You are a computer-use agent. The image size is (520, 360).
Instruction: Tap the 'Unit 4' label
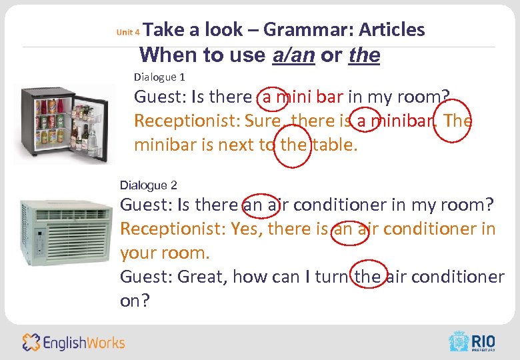tap(127, 31)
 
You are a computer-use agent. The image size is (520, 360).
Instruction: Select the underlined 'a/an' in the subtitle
tap(293, 55)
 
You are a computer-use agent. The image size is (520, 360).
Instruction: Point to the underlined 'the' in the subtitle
tap(364, 55)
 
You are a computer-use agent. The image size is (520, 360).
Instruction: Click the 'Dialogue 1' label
tap(159, 77)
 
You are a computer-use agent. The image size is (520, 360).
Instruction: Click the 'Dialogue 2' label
tap(148, 184)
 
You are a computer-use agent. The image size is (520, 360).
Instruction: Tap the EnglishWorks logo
tap(73, 343)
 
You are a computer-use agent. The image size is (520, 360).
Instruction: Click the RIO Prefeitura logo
tap(473, 341)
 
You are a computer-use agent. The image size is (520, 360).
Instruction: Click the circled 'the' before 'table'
tap(292, 145)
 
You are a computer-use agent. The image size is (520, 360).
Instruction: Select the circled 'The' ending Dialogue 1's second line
tap(457, 121)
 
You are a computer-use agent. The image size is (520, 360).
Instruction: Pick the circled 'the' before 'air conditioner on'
tap(367, 276)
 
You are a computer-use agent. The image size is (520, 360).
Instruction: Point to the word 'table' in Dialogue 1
tap(335, 145)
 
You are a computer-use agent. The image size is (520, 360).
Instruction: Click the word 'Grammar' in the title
tap(307, 29)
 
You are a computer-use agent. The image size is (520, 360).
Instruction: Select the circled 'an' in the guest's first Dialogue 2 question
tap(253, 205)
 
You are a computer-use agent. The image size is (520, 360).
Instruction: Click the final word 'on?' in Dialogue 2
tap(135, 301)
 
